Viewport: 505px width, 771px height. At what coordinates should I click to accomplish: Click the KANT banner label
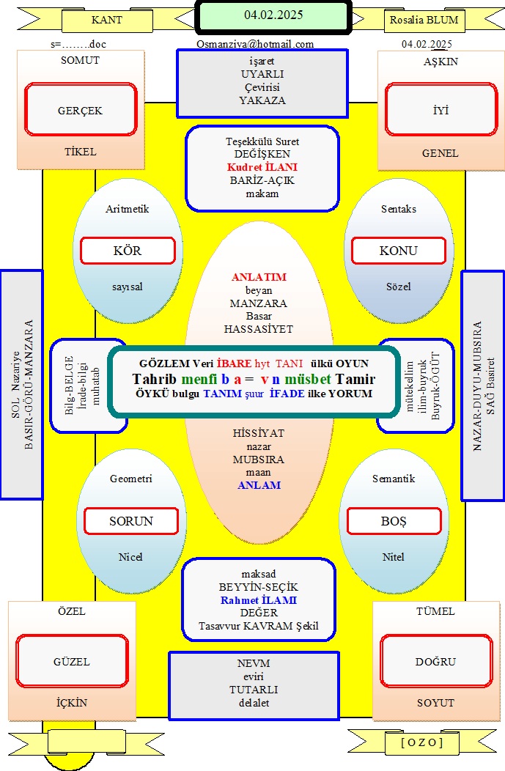[x=107, y=21]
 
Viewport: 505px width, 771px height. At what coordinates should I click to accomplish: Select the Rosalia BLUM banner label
[x=424, y=21]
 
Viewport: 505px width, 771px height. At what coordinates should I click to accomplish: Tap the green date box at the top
[x=273, y=17]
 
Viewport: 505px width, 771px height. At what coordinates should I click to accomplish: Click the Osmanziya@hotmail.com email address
[x=255, y=44]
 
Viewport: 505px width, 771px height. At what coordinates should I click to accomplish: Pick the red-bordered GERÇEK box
[x=81, y=109]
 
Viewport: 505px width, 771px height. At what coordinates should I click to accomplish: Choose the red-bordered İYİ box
[x=441, y=109]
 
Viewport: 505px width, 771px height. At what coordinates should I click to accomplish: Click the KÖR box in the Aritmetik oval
[x=128, y=251]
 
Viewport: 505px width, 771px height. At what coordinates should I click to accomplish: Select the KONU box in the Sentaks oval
[x=398, y=251]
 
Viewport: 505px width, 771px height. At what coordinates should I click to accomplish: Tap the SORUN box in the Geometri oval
[x=131, y=521]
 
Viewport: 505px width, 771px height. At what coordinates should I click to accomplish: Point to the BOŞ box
[x=394, y=521]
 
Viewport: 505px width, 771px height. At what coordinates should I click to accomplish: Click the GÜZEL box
[x=72, y=661]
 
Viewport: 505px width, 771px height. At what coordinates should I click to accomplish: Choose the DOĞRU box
[x=435, y=661]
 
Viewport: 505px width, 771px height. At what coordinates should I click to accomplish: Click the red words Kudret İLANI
[x=262, y=167]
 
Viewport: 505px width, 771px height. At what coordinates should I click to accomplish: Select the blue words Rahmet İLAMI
[x=259, y=600]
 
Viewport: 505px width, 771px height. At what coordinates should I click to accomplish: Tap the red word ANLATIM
[x=259, y=277]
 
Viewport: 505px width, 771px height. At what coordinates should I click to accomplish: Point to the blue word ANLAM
[x=259, y=485]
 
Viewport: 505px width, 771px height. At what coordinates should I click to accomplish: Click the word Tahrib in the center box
[x=155, y=379]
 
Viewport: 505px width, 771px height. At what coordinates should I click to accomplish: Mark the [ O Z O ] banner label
[x=422, y=742]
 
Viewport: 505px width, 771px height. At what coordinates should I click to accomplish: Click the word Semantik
[x=394, y=479]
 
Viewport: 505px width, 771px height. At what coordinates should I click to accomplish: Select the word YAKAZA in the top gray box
[x=262, y=100]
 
